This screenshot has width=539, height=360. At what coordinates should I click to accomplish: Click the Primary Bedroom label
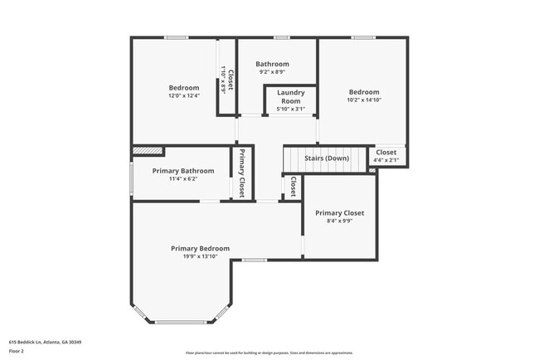200,248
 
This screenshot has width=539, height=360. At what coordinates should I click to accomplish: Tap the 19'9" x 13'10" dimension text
200,256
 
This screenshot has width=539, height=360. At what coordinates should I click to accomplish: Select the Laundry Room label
290,96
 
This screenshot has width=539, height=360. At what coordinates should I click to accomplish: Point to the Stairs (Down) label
326,158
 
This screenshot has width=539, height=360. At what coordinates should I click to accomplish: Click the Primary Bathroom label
182,171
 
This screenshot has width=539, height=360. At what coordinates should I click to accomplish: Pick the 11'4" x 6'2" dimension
182,179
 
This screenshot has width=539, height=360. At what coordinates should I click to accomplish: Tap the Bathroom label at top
272,64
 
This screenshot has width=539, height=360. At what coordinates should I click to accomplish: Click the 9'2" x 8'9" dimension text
272,72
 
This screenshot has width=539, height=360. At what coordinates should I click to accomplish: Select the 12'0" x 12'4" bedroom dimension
183,96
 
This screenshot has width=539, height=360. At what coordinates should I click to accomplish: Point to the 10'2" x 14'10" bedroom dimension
363,100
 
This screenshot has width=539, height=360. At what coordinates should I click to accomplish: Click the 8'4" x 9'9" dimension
339,221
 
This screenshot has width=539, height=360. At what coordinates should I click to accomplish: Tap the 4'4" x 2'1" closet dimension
386,160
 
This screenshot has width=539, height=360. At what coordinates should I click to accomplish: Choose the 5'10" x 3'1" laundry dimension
290,109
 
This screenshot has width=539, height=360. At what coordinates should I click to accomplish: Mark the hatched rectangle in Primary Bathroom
148,151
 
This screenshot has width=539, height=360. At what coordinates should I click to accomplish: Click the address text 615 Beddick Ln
45,342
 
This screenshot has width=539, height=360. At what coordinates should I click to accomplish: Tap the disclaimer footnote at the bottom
269,353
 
